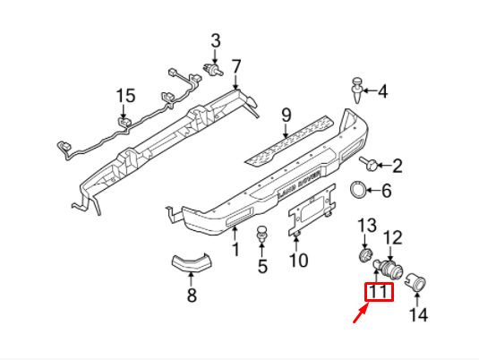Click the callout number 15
coord(125,96)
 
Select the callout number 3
coord(216,41)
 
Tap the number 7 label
coord(235,67)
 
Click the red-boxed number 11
coord(379,292)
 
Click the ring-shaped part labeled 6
coord(358,190)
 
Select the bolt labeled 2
coord(369,164)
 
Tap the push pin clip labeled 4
coord(357,90)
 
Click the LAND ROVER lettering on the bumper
coord(299,183)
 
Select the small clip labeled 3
coord(213,70)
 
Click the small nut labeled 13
coord(365,256)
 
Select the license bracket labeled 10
coord(312,210)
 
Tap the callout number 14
coord(418,314)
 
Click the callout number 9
coord(287,116)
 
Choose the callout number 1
coord(235,249)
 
